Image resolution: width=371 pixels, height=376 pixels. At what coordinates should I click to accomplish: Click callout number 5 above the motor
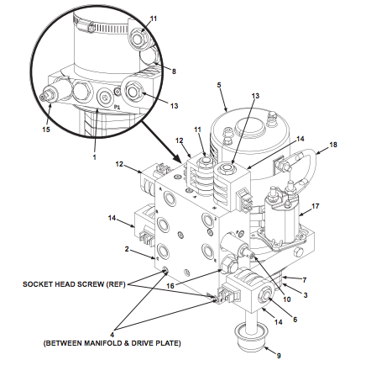(x=219, y=85)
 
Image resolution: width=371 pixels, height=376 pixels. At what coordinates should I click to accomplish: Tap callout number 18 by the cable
(x=333, y=145)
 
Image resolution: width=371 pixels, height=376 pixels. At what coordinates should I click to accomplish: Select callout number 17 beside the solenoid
(x=316, y=206)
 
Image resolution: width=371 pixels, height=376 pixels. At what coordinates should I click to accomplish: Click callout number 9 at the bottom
(x=279, y=356)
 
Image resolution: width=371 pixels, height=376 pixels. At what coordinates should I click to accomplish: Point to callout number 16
(x=170, y=286)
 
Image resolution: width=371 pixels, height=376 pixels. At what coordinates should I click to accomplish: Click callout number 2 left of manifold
(x=127, y=249)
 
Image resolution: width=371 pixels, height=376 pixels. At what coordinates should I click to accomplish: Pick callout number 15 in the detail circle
(x=46, y=130)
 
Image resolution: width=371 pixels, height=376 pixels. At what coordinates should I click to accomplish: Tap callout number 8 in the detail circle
(x=174, y=71)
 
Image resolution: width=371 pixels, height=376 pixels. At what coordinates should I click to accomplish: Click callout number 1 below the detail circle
(x=94, y=157)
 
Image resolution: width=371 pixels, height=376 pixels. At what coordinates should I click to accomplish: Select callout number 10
(x=287, y=299)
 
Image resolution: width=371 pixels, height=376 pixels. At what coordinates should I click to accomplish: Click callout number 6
(x=295, y=320)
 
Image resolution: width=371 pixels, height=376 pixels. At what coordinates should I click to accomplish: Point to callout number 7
(x=305, y=279)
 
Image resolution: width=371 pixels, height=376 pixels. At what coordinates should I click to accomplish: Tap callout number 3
(x=306, y=295)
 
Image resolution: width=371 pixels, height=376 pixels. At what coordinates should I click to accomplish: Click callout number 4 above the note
(x=112, y=335)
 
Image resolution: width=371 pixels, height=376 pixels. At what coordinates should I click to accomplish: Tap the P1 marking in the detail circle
(x=117, y=107)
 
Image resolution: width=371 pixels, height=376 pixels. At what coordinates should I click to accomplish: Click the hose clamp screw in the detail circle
(x=91, y=29)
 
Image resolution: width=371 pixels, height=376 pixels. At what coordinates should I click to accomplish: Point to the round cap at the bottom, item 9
(x=251, y=338)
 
